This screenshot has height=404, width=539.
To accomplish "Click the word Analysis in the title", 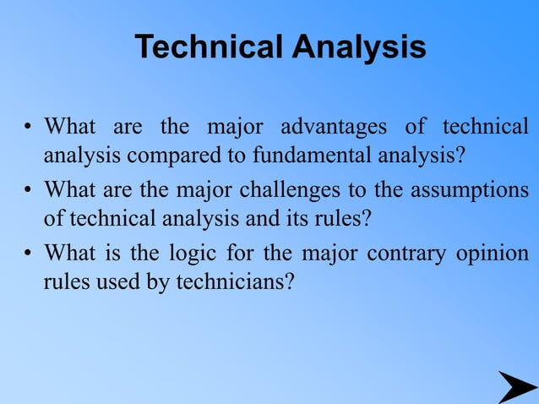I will [x=359, y=47].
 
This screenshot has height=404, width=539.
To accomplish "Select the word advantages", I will [x=334, y=128].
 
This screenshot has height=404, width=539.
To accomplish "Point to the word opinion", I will [x=493, y=253].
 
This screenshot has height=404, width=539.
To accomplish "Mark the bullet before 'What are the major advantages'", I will [x=28, y=128].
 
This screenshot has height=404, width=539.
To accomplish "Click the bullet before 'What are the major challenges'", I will [x=28, y=189].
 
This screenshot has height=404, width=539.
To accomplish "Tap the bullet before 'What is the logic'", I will [x=28, y=254].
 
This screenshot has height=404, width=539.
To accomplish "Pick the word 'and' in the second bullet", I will [x=269, y=217].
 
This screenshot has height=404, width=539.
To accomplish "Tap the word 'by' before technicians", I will [x=158, y=281].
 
